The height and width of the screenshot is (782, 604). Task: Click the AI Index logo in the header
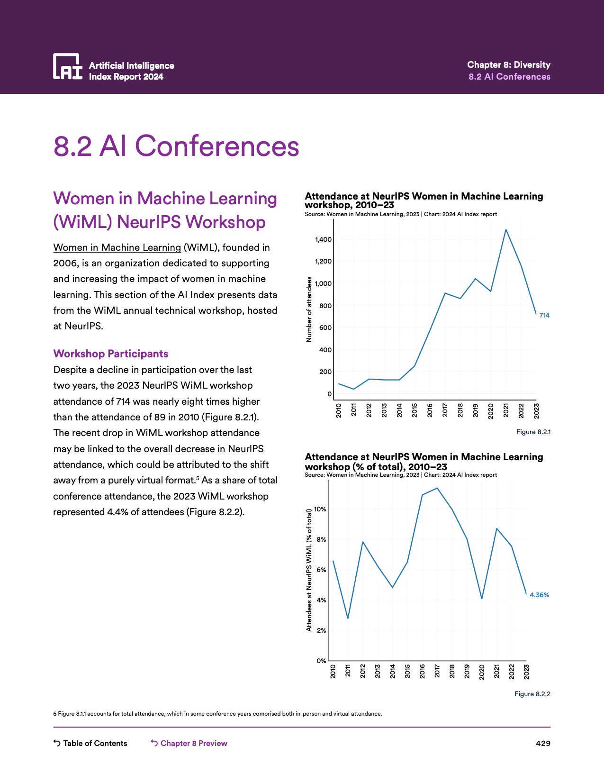click(x=68, y=66)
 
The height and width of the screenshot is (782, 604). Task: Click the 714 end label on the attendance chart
click(x=544, y=315)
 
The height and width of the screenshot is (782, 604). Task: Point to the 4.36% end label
click(x=539, y=595)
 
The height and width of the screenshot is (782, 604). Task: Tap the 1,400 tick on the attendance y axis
click(x=324, y=239)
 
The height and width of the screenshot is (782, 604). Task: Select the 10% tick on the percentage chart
click(x=320, y=509)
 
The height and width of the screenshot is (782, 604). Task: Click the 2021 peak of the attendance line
click(x=506, y=230)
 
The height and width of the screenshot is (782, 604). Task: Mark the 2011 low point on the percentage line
click(x=348, y=618)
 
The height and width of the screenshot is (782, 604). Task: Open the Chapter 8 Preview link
click(x=189, y=743)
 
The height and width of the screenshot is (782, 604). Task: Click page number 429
click(x=543, y=743)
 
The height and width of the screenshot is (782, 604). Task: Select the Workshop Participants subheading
click(x=111, y=354)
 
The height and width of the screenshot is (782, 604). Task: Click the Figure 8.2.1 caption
click(x=533, y=432)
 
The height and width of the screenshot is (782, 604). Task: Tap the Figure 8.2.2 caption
click(x=532, y=694)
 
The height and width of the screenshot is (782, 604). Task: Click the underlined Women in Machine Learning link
click(x=117, y=247)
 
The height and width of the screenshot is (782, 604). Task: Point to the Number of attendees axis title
click(x=309, y=309)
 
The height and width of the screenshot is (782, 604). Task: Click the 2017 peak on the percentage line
click(x=437, y=488)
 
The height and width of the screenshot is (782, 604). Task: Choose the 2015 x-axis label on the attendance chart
click(x=415, y=410)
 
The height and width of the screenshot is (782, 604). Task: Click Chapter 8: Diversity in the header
click(x=508, y=64)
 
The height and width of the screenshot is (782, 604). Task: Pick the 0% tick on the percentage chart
click(x=321, y=661)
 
